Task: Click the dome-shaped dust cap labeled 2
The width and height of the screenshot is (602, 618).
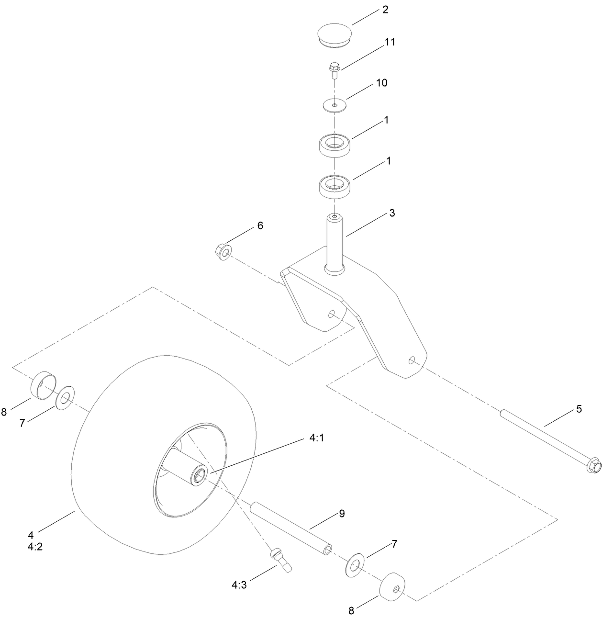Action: pyautogui.click(x=335, y=36)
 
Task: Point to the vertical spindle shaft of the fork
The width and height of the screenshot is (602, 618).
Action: pyautogui.click(x=334, y=242)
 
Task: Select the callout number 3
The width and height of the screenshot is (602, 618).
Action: pyautogui.click(x=392, y=213)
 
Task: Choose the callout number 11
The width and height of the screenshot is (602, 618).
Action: pyautogui.click(x=390, y=42)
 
